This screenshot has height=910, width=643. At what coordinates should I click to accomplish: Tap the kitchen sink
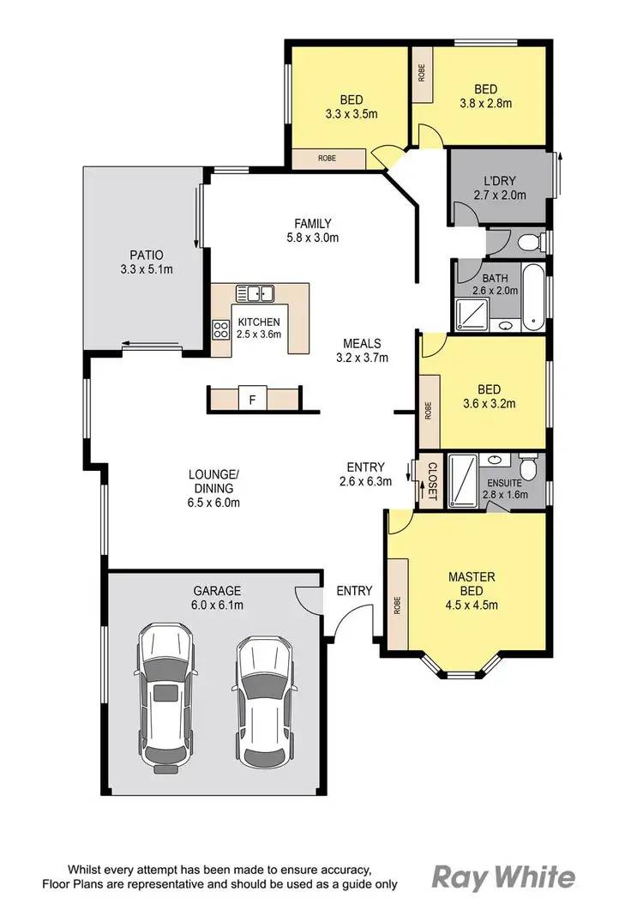[254, 294]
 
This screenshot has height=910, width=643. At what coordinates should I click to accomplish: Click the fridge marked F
[252, 399]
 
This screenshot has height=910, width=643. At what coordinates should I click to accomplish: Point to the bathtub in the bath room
[532, 299]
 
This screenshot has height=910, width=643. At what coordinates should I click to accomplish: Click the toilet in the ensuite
[530, 468]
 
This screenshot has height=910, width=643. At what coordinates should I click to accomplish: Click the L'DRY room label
[498, 181]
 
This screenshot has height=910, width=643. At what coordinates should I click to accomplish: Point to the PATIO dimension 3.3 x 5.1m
[146, 269]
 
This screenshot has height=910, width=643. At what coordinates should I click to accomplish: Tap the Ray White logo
[502, 877]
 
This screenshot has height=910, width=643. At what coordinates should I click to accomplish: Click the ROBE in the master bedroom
[396, 606]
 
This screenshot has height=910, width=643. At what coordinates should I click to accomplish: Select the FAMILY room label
[313, 224]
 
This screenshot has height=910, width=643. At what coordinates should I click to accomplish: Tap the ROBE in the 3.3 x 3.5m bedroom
[327, 158]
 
